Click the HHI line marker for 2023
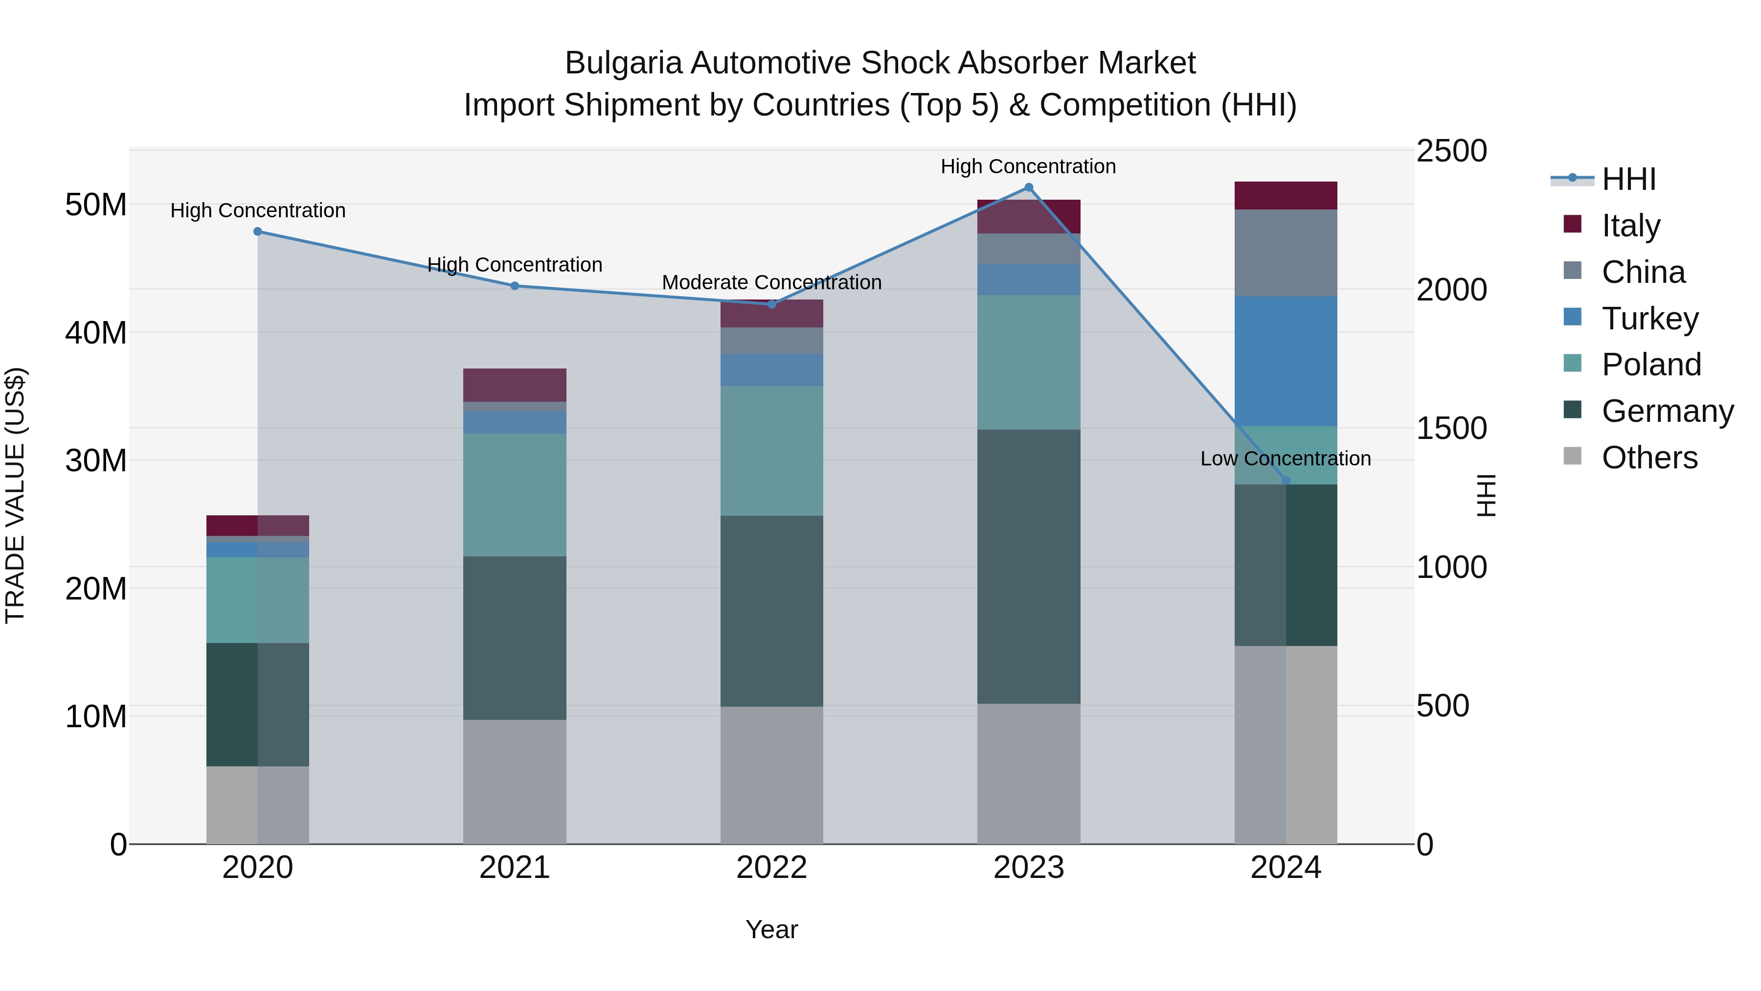(x=1028, y=187)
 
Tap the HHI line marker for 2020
(x=258, y=232)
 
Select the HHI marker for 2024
(x=1286, y=481)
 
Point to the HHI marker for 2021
(x=515, y=286)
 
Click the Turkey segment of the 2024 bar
(x=1286, y=361)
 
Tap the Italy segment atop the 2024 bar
(x=1286, y=196)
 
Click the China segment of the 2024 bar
(x=1286, y=253)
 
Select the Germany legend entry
(x=1667, y=411)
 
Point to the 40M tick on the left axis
(x=96, y=333)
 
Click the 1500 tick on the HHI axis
(x=1451, y=429)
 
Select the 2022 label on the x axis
(x=772, y=868)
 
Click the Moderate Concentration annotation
(x=772, y=282)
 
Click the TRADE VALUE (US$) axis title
(x=15, y=495)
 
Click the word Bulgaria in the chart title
(x=623, y=64)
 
